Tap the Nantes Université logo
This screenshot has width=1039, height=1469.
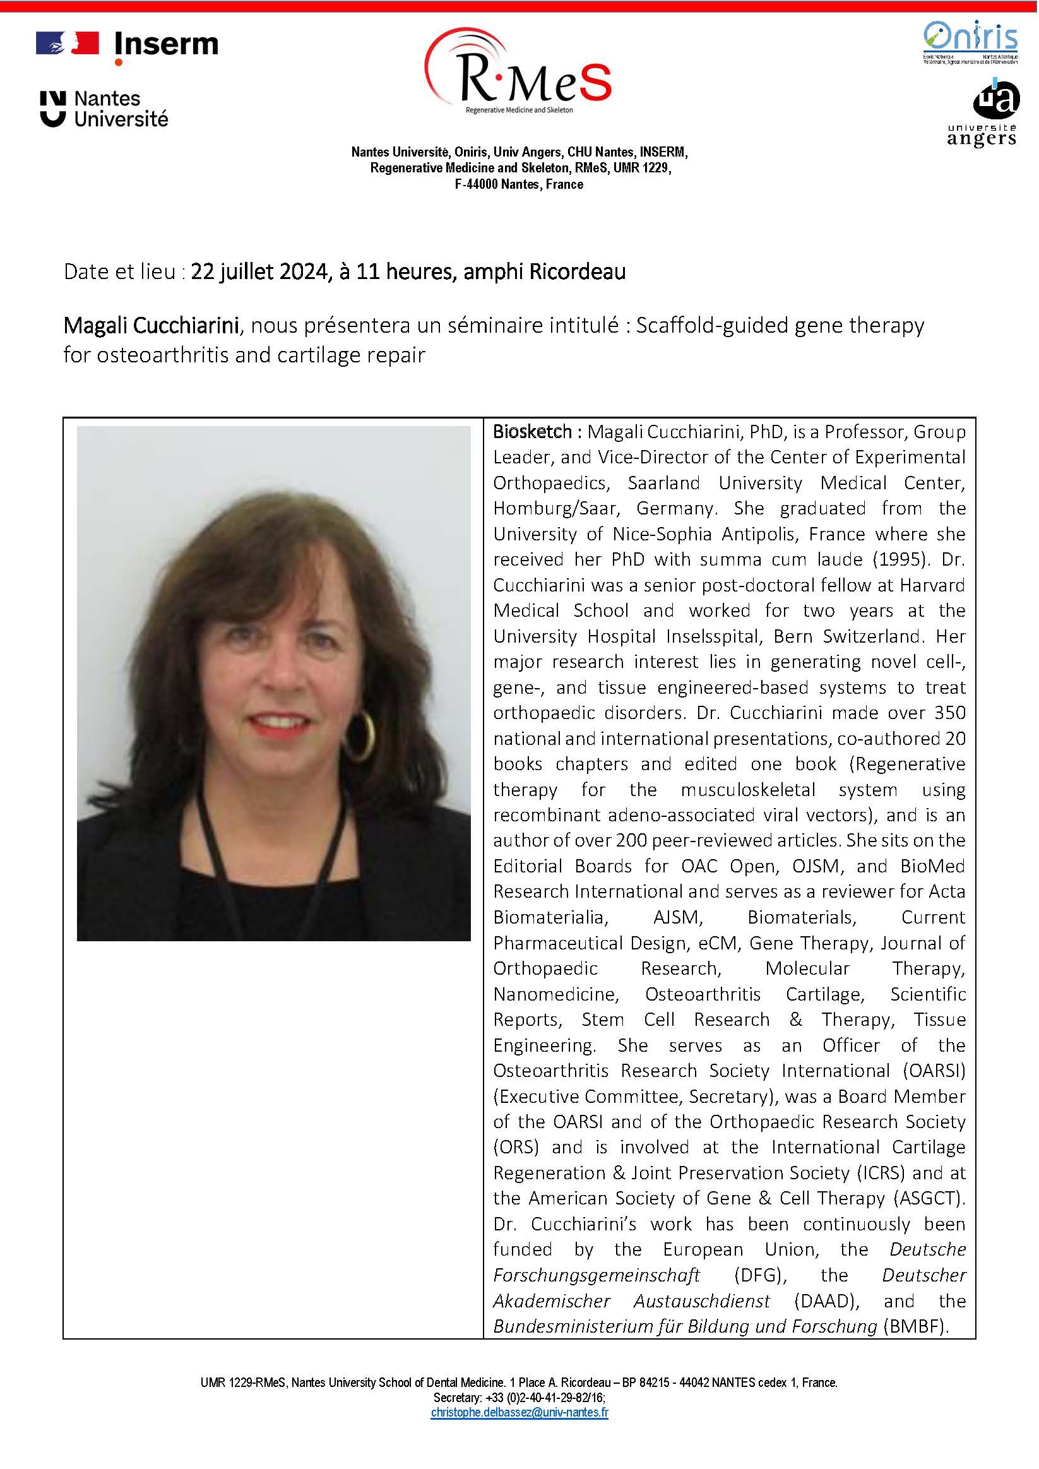tap(104, 109)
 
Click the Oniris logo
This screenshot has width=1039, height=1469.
tap(970, 42)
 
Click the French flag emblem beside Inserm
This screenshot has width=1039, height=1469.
tap(67, 43)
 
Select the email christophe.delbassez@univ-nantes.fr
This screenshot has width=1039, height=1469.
tap(519, 1412)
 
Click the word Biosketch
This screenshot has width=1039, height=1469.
tap(531, 432)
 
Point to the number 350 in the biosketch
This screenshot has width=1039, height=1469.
tap(950, 713)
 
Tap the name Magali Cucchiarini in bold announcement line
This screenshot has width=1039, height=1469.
tap(151, 326)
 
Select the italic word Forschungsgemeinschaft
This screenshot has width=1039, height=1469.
tap(597, 1275)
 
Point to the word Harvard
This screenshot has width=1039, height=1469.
tap(932, 585)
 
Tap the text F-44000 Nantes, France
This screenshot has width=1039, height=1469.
tap(519, 184)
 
